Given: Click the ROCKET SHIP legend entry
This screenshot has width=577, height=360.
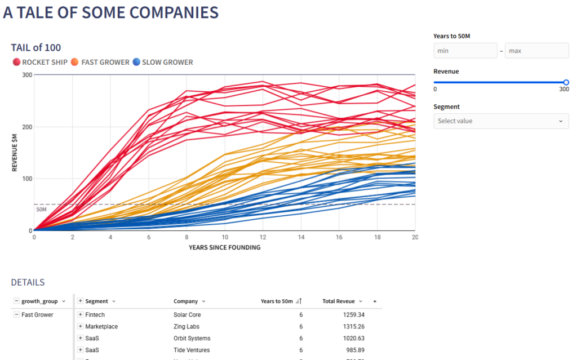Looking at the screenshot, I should pos(40,62).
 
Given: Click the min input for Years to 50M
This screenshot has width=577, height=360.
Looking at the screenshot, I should pos(465,51).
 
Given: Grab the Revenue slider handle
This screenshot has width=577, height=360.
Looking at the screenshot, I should pos(566,82).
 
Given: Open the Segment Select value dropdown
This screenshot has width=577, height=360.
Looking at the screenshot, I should pos(501,121).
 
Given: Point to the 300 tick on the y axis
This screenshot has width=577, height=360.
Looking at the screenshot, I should pos(26,75).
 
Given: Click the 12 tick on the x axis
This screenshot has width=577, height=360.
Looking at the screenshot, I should pos(263,238).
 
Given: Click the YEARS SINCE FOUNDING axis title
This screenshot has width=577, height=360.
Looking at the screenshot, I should pos(224,247).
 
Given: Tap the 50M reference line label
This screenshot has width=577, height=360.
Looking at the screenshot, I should pos(41,210).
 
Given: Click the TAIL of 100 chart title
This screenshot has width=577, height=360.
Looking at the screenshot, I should pos(36,48).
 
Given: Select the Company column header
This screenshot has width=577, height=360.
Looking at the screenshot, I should pos(185,301).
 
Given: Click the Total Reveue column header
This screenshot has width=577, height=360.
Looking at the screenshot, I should pos(338,301).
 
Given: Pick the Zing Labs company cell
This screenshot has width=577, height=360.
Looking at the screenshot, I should pos(186,327).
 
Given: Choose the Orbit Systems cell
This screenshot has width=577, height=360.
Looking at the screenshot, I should pos(192,339).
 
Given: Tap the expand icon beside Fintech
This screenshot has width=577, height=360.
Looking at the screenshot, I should pos(81,315).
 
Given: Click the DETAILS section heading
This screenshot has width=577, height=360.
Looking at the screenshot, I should pos(28,282).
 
